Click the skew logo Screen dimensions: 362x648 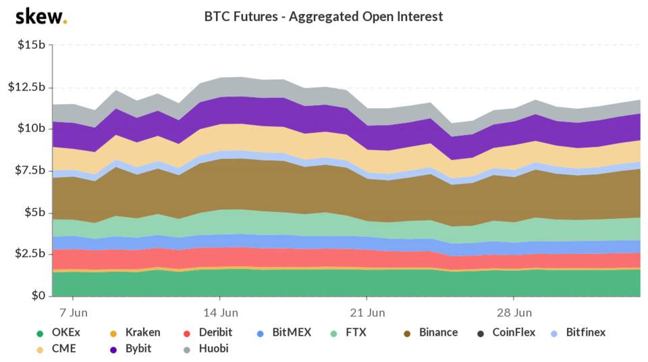pyautogui.click(x=40, y=16)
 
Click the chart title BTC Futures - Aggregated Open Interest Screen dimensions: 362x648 pyautogui.click(x=324, y=16)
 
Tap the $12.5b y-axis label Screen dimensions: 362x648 pyautogui.click(x=27, y=87)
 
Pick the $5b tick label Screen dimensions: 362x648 pyautogui.click(x=34, y=212)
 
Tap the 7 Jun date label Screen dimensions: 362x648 pyautogui.click(x=72, y=313)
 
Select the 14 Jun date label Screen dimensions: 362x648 pyautogui.click(x=219, y=313)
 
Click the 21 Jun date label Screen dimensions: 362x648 pyautogui.click(x=367, y=313)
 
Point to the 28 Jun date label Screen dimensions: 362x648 pyautogui.click(x=514, y=313)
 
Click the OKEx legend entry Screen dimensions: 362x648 pyautogui.click(x=59, y=332)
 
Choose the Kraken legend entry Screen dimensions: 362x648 pyautogui.click(x=136, y=332)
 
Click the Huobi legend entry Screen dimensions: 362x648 pyautogui.click(x=204, y=348)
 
